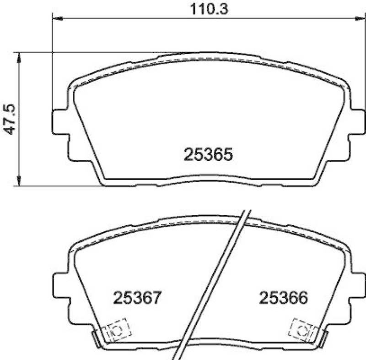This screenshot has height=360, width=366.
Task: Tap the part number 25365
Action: tap(209, 155)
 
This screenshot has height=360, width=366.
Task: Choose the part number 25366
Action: tap(282, 299)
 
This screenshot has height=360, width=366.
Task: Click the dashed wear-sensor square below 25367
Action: tap(115, 329)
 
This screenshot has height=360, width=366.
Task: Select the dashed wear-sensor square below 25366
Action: tap(301, 329)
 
